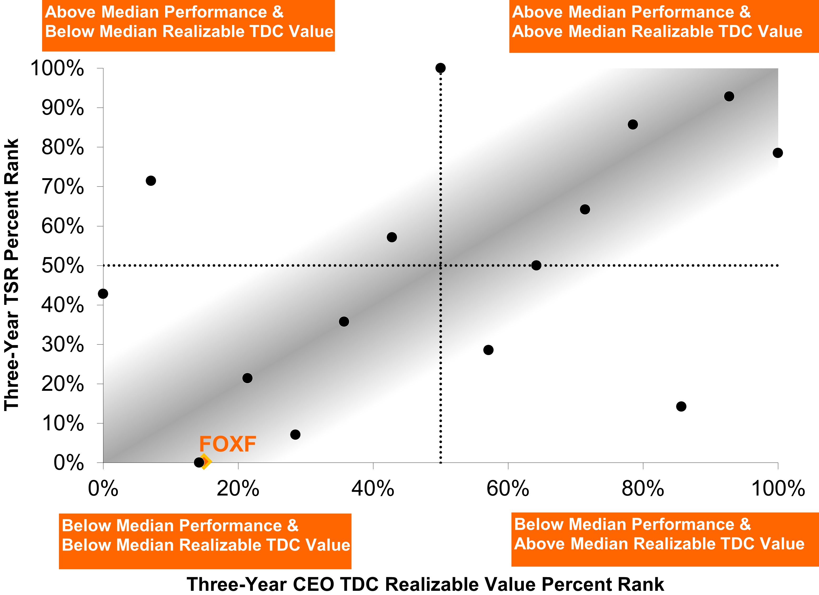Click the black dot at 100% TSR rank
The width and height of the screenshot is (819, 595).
point(440,68)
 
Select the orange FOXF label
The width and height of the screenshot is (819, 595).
point(228,444)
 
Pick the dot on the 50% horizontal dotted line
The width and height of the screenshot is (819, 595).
point(536,265)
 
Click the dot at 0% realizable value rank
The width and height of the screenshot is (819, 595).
point(103,294)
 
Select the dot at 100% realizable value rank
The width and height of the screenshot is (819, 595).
point(777,153)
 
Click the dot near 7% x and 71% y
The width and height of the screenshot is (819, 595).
point(151,180)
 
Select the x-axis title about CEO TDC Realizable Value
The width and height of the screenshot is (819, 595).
point(425,584)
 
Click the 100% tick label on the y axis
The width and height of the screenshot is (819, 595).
point(57,68)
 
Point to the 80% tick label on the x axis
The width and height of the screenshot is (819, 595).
point(643,489)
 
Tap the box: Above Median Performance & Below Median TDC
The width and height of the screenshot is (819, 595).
point(188,25)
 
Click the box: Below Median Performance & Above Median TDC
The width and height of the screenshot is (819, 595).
point(665,539)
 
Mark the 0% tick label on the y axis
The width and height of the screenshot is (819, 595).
point(69,463)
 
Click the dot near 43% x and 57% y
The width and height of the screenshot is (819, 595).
point(392,237)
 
